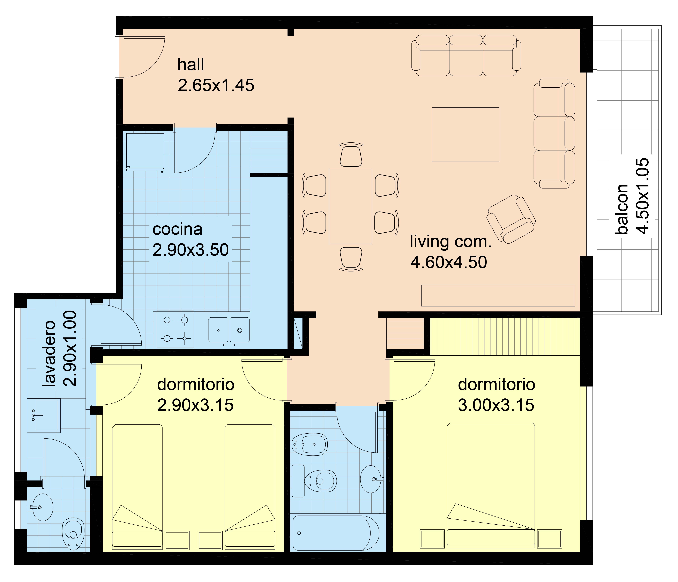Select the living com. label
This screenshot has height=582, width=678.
click(451, 242)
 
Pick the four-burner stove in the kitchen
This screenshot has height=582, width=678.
click(175, 329)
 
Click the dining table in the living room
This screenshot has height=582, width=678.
click(350, 206)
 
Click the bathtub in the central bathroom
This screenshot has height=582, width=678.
click(336, 533)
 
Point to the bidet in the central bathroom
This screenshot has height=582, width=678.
click(309, 444)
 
